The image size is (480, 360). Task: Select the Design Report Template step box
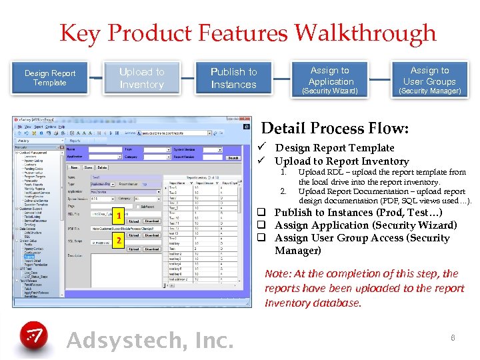point(50,78)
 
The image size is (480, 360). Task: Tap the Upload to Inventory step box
point(141,78)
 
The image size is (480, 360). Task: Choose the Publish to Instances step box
point(233,78)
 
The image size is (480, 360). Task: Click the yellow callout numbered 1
point(117,215)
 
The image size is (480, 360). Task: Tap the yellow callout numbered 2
point(117,239)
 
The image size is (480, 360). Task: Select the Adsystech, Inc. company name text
point(151,340)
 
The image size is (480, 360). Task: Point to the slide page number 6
point(452,339)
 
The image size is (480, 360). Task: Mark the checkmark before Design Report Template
point(265,148)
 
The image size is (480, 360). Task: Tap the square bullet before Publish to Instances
point(263,213)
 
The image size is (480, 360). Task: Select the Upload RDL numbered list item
point(381,177)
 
